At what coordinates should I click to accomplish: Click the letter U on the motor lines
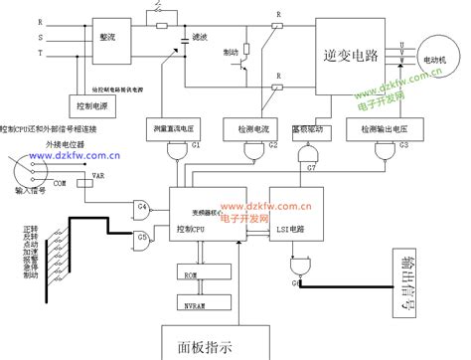pos(400,43)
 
